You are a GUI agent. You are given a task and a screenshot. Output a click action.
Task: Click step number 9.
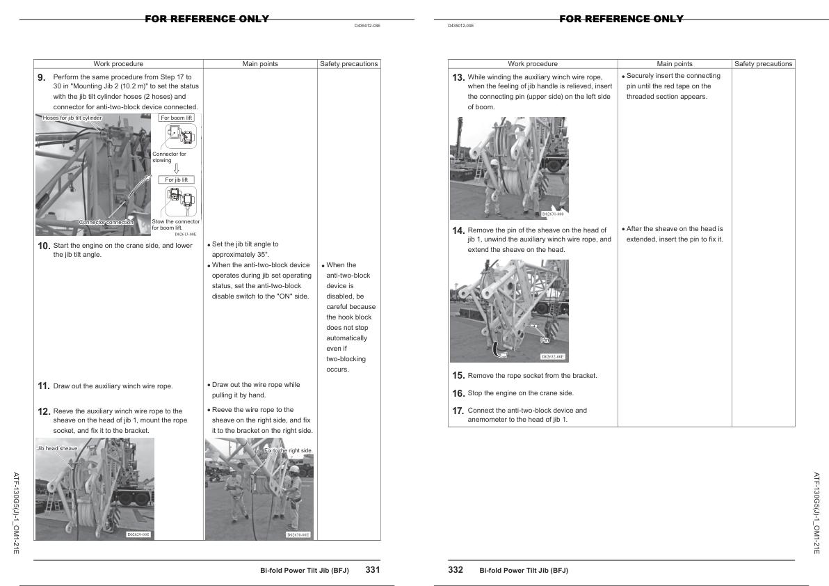[x=41, y=77]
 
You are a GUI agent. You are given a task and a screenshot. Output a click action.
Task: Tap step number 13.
[x=458, y=77]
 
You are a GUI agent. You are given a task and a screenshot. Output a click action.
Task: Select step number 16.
[x=458, y=393]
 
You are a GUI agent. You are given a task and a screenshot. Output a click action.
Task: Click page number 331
[x=373, y=569]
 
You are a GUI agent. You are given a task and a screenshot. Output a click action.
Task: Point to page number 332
[x=456, y=569]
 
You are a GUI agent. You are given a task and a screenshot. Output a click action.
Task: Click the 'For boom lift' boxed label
[x=177, y=118]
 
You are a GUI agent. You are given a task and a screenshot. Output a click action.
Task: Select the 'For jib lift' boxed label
[x=177, y=180]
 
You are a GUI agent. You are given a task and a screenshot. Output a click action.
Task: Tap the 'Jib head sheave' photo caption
[x=57, y=448]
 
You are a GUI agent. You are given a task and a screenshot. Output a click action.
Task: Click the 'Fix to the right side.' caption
[x=288, y=450]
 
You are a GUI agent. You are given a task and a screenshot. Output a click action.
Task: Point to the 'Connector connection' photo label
[x=106, y=222]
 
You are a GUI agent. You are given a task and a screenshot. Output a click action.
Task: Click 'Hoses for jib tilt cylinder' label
[x=72, y=118]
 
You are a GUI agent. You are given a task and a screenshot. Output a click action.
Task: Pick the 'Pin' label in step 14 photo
[x=545, y=340]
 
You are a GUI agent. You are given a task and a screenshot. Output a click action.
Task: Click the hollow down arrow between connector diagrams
[x=177, y=168]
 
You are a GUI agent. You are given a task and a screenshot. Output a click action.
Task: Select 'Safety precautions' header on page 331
[x=349, y=64]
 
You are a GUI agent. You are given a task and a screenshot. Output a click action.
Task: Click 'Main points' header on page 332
[x=675, y=64]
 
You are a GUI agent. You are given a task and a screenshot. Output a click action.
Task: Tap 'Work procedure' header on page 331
[x=118, y=64]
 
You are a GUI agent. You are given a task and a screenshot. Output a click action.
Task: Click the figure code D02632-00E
[x=553, y=356]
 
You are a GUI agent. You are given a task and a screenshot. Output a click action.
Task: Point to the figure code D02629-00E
[x=138, y=534]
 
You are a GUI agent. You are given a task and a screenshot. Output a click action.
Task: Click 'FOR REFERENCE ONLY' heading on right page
[x=621, y=19]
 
